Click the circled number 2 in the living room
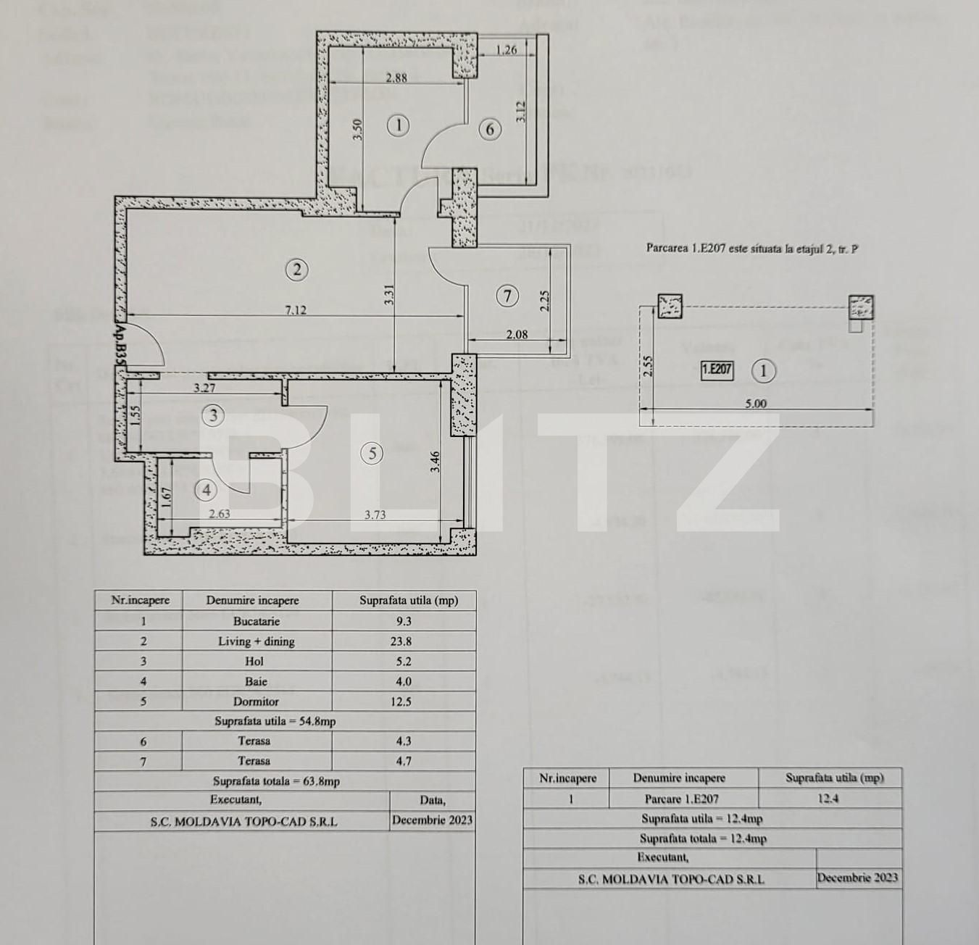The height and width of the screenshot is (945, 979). point(297,270)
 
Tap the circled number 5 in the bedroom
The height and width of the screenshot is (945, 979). point(372,454)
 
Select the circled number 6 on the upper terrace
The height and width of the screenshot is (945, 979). point(491,129)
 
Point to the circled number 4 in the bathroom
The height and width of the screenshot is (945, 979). point(207,491)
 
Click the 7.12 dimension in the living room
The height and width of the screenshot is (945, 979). point(296,310)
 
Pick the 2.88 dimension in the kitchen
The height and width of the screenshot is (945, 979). point(396,78)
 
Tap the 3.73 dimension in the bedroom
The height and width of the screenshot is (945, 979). point(375,515)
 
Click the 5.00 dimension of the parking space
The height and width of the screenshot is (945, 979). point(755,404)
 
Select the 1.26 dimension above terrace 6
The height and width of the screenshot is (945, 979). point(507,50)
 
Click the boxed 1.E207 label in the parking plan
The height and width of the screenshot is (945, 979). point(717,370)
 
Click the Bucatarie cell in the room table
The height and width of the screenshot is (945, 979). point(257,621)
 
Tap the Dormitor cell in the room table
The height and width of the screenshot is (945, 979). point(257,702)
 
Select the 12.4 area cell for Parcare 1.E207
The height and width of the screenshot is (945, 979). point(829,799)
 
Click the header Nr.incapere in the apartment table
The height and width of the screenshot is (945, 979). point(140,600)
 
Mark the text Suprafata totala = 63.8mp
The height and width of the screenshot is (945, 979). point(276,781)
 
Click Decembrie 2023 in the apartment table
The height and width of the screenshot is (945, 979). point(432,820)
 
